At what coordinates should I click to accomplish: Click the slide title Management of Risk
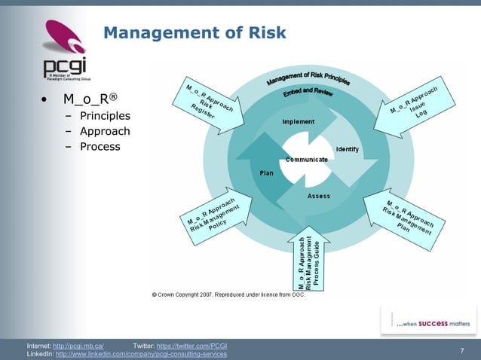pos(195,32)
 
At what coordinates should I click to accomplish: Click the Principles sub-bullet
pos(105,116)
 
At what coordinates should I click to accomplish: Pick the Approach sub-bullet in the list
pos(105,131)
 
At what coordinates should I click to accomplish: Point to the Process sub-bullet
pos(100,146)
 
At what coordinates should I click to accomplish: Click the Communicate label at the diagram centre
pos(306,160)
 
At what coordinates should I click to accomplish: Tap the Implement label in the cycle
pos(299,121)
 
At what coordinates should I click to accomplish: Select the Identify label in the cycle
pos(347,148)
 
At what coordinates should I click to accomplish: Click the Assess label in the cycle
pos(319,197)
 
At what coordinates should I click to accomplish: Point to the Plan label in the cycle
pos(266,172)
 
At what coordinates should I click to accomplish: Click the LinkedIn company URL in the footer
pos(141,354)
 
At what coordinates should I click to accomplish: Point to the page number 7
pos(461,350)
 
